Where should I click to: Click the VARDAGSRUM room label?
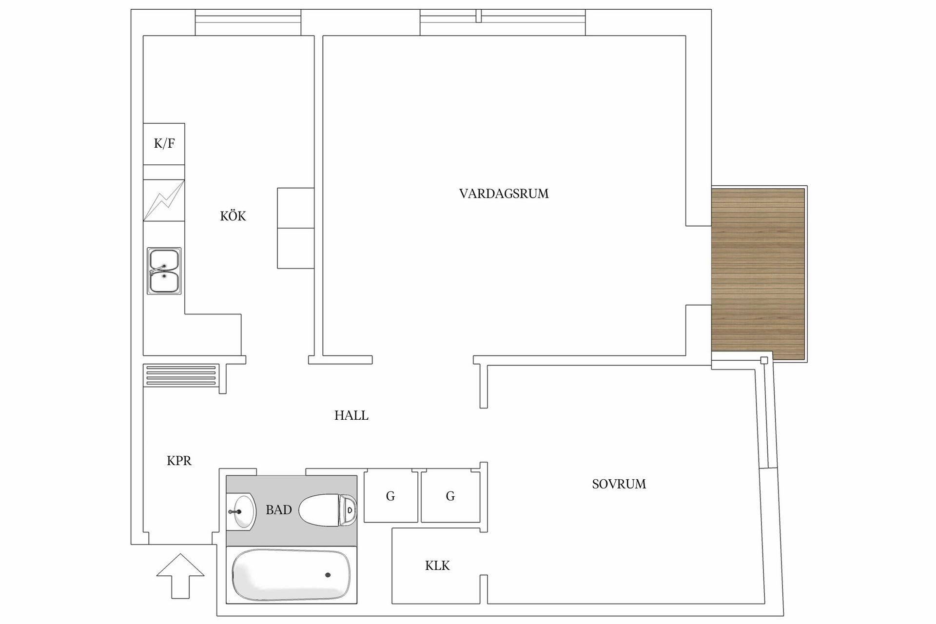504,194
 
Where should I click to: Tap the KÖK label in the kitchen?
233,216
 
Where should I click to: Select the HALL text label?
351,415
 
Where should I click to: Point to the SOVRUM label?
619,484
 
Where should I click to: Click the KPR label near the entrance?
179,461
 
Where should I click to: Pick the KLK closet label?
437,565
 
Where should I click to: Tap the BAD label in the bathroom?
278,510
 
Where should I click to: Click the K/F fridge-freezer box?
164,144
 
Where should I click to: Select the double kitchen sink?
164,271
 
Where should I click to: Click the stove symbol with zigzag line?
164,200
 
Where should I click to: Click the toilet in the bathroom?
328,510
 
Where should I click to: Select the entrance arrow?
180,575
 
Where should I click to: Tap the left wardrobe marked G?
390,496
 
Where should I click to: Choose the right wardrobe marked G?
450,496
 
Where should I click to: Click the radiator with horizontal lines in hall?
181,376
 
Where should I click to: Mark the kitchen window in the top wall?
248,22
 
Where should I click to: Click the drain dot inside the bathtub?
328,575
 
